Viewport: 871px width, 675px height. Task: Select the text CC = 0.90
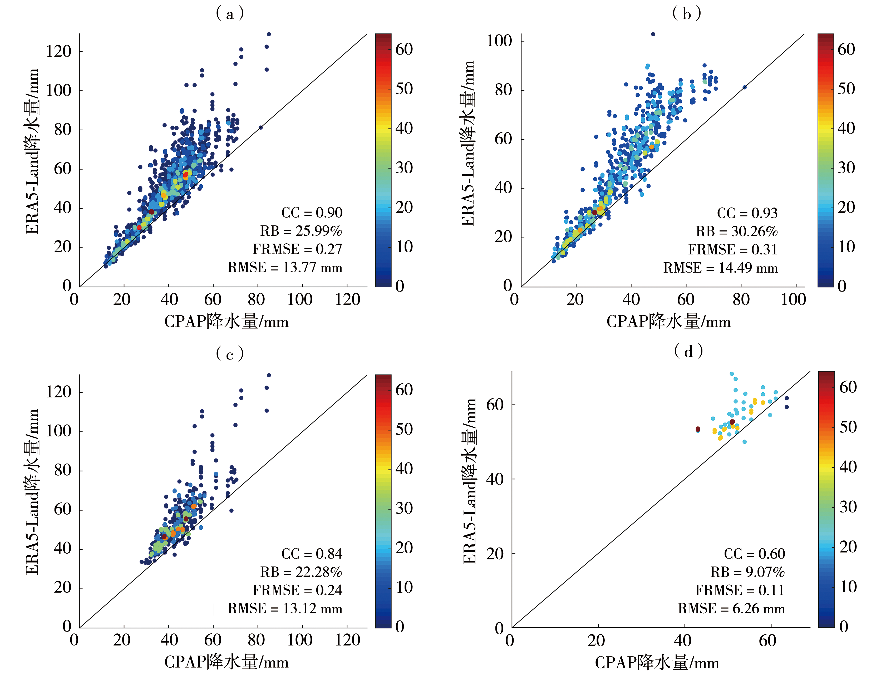click(x=312, y=213)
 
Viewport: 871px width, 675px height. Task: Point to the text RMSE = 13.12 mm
click(x=285, y=608)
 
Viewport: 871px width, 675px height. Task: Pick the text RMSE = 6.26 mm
click(x=731, y=608)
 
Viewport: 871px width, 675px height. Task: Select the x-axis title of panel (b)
click(x=668, y=321)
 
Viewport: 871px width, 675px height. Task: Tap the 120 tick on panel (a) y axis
click(x=58, y=51)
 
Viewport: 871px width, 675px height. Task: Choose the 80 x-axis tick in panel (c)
click(x=256, y=640)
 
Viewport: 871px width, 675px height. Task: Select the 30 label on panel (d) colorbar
click(x=848, y=507)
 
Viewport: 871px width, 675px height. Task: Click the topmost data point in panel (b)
click(x=653, y=34)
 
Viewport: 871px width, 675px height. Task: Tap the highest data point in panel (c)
click(x=269, y=375)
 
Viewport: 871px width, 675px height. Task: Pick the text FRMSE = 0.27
click(x=297, y=249)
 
